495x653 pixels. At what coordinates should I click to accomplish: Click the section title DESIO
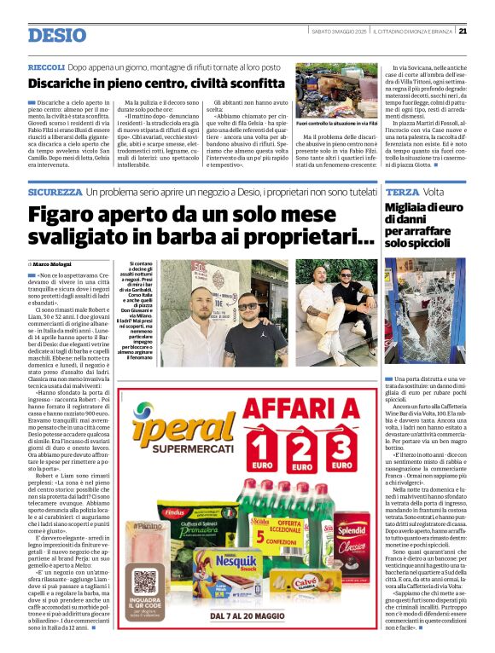(x=57, y=35)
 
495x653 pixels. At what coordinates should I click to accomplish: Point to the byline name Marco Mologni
(x=53, y=264)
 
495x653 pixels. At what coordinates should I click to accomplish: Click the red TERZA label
(x=402, y=194)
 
